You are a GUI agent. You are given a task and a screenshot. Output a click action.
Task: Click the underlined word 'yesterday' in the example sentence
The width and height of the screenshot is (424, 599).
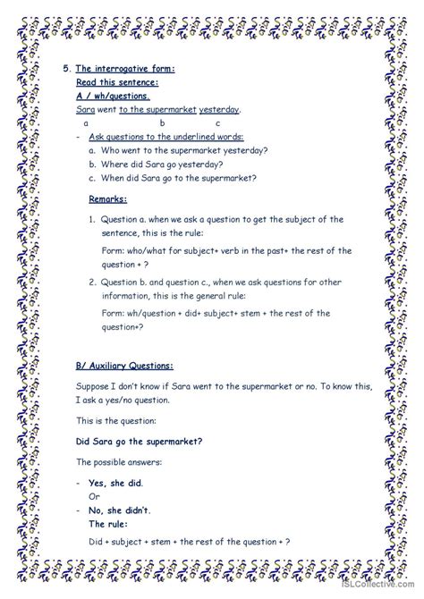tap(219, 109)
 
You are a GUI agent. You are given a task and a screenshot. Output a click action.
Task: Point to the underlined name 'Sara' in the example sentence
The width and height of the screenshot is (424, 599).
tap(86, 109)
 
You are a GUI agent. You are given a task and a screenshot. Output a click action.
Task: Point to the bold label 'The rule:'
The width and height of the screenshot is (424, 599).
tap(111, 524)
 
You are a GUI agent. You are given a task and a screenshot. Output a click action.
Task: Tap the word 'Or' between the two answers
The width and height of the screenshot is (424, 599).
tap(94, 496)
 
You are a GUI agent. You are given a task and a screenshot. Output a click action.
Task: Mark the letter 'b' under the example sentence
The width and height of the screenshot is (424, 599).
tap(163, 122)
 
